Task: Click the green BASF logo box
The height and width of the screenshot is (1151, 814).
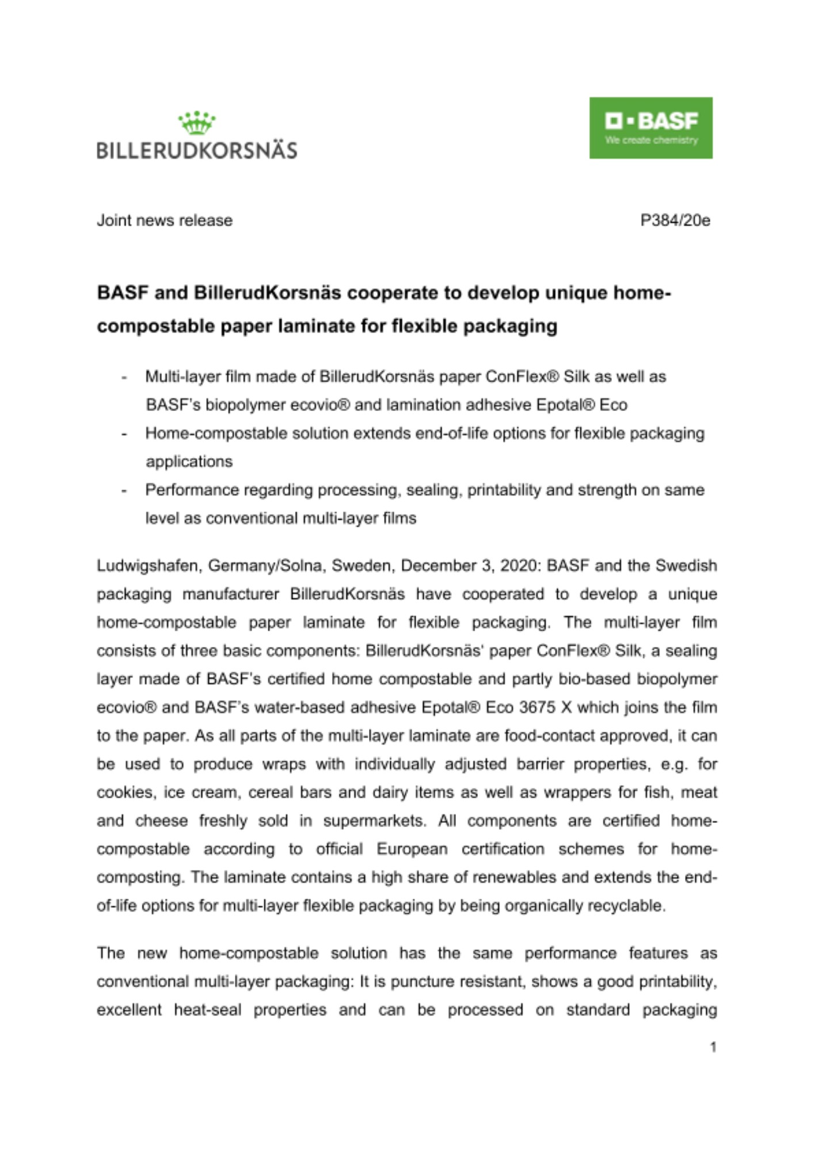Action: (651, 128)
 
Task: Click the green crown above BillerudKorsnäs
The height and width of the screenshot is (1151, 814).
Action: (197, 123)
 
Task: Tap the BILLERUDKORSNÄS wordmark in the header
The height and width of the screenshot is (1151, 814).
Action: (197, 150)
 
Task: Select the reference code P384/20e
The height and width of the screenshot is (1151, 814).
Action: (675, 220)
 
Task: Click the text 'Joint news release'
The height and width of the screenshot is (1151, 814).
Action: (165, 220)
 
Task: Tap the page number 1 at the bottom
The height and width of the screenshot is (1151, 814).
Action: (713, 1047)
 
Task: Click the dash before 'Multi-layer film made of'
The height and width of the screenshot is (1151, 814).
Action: (124, 378)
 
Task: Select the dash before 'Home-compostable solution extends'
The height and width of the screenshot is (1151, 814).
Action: (124, 434)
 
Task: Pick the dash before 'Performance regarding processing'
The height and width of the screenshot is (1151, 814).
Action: (124, 490)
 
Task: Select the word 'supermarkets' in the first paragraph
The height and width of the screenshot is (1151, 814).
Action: (374, 821)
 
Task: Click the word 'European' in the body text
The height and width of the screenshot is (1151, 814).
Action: (412, 849)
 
